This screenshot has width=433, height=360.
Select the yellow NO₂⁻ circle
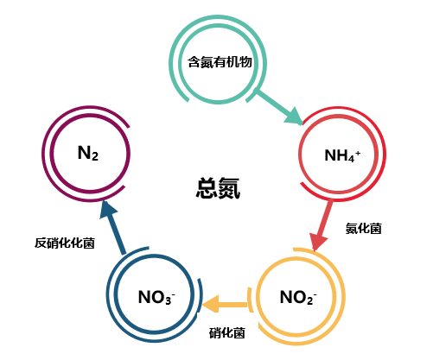pyautogui.click(x=298, y=299)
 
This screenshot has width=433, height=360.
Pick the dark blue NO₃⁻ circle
pyautogui.click(x=156, y=299)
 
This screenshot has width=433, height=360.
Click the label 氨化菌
pyautogui.click(x=363, y=229)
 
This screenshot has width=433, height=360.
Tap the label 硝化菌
pyautogui.click(x=228, y=332)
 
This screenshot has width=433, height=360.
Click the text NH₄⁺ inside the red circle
pyautogui.click(x=342, y=156)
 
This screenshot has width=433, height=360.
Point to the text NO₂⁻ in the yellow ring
pyautogui.click(x=298, y=299)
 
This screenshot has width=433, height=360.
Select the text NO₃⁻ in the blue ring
pyautogui.click(x=156, y=299)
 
